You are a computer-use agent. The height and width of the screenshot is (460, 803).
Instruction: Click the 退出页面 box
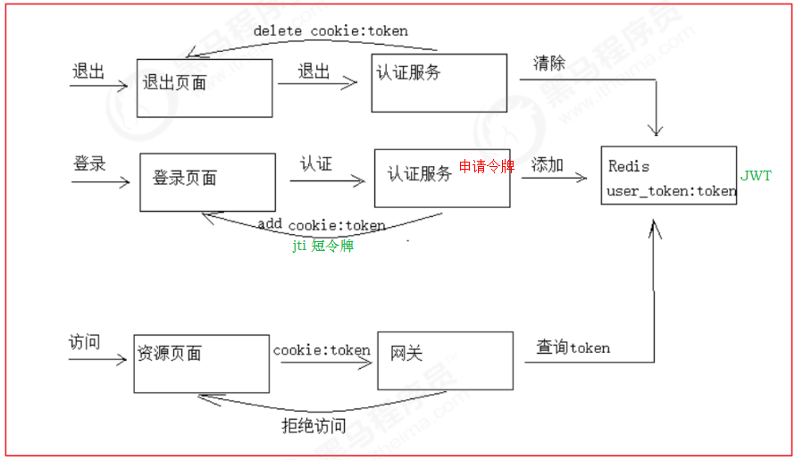point(205,88)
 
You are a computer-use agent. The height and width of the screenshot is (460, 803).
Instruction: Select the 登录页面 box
point(207,181)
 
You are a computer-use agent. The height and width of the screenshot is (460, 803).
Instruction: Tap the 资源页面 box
point(201,364)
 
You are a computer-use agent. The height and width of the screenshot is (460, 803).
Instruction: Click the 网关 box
point(445,362)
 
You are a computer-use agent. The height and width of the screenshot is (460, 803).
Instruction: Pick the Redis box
point(668,175)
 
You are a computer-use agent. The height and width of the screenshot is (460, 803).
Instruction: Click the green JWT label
point(756,176)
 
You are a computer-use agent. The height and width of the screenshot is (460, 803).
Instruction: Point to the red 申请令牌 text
point(487,167)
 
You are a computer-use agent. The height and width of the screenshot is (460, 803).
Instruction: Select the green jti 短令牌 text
point(322,246)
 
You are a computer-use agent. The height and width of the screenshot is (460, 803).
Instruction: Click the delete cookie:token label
point(330,31)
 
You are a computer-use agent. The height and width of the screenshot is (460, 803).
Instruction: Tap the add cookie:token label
point(322,225)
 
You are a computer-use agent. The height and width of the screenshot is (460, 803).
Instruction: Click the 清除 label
point(549,63)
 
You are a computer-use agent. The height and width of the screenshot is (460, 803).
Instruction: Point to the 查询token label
point(573,347)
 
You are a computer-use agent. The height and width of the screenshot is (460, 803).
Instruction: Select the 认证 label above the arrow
point(315,164)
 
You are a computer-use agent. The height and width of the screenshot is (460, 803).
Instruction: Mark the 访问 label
point(84,343)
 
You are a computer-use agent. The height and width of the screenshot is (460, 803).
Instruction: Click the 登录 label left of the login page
point(89,164)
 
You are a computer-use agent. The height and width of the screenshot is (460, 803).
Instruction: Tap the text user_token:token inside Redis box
point(671,191)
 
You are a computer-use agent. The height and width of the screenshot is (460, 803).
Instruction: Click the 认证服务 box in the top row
point(439,83)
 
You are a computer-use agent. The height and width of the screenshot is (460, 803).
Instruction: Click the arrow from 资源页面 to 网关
point(322,363)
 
